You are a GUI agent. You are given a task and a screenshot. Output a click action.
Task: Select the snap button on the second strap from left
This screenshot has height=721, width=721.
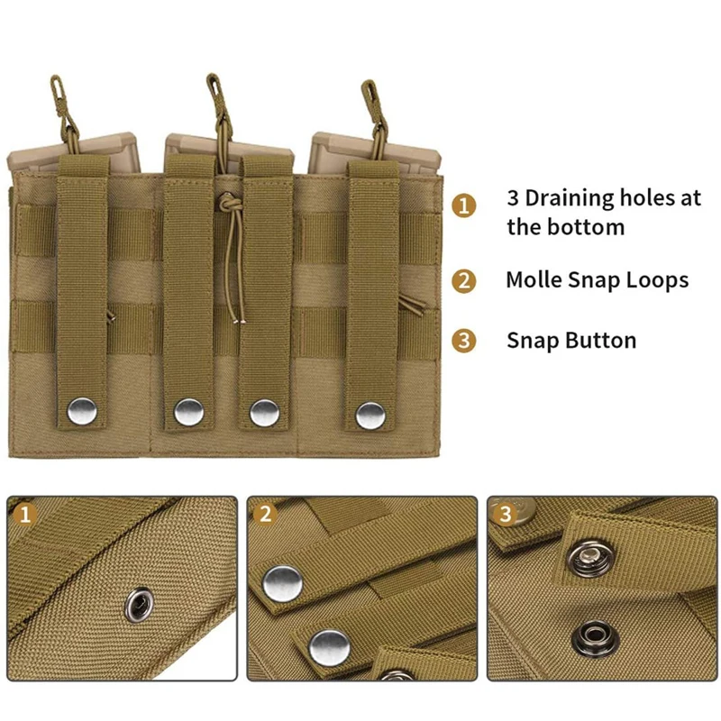pos(188,412)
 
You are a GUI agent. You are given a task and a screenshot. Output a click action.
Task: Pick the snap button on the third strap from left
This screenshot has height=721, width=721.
pos(264,412)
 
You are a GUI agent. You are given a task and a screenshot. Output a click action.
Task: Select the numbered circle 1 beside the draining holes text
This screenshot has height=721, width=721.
pos(463,206)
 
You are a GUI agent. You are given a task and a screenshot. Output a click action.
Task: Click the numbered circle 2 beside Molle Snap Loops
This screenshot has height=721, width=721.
pos(463,280)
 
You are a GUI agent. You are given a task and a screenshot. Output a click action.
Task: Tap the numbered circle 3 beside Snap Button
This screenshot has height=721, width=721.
pos(463,341)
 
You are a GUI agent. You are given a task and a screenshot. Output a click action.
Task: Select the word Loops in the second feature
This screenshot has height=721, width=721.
pos(655,280)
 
